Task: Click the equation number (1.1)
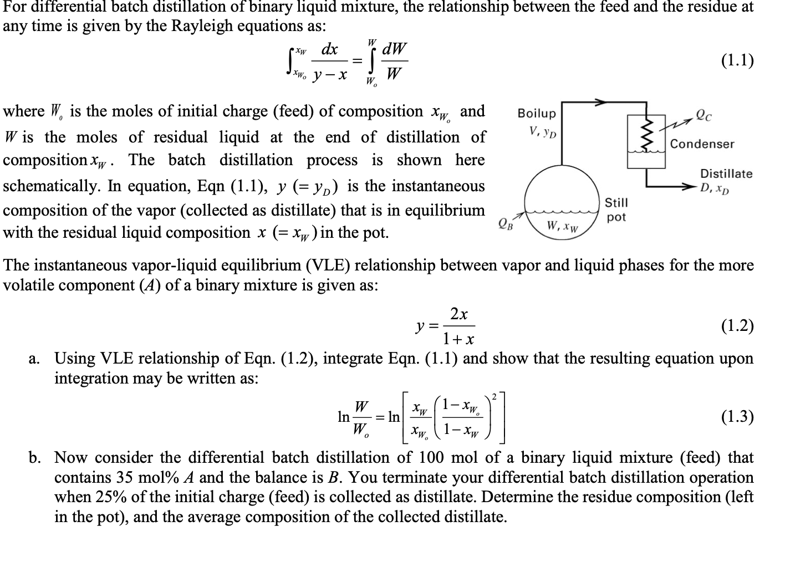(x=737, y=60)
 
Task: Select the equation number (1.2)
(x=737, y=325)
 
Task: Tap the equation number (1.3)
(x=737, y=416)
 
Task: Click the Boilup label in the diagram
(x=536, y=114)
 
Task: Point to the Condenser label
(x=702, y=144)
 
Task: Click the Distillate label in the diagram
(x=726, y=173)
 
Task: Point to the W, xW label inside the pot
(x=562, y=226)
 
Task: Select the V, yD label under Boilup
(x=543, y=132)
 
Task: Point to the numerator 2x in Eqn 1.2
(x=458, y=314)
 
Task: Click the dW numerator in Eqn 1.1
(x=393, y=49)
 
